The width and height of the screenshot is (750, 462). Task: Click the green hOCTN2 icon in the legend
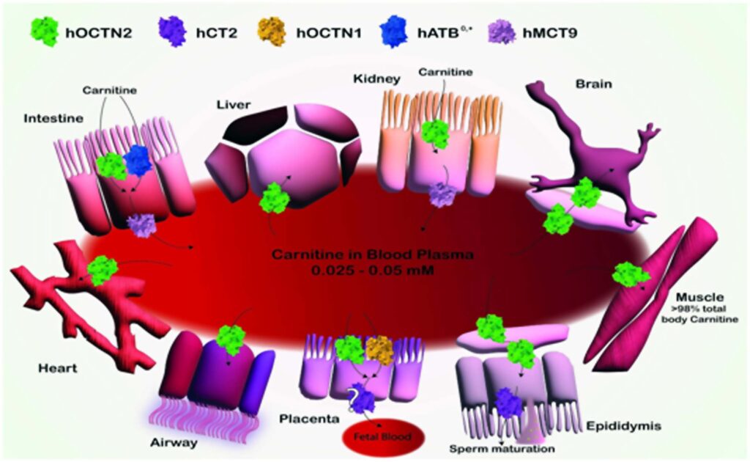click(x=44, y=32)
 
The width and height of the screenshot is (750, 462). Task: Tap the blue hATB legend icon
click(x=393, y=32)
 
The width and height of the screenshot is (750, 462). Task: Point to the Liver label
click(x=234, y=104)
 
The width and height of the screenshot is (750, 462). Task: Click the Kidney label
click(x=376, y=78)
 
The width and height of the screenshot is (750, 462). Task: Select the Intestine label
click(x=53, y=118)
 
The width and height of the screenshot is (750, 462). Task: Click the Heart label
click(x=57, y=368)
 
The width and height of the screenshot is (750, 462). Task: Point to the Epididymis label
click(x=623, y=425)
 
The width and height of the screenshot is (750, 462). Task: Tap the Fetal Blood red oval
click(x=382, y=436)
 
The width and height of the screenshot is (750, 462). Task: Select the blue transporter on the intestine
click(x=137, y=160)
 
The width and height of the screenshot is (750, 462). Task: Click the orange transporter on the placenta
click(x=379, y=350)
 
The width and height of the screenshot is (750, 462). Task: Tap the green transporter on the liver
click(x=275, y=197)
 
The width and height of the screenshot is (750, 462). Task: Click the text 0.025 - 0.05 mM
click(x=373, y=271)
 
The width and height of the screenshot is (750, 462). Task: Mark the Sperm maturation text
click(x=502, y=449)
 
